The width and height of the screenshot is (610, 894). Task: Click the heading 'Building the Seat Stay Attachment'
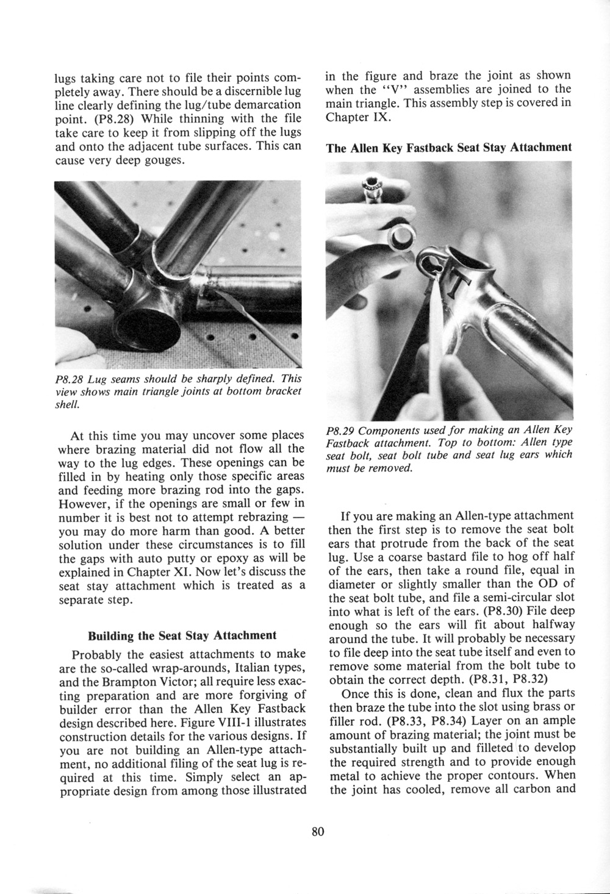[182, 635]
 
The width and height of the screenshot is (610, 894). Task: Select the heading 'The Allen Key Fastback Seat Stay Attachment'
[448, 148]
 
